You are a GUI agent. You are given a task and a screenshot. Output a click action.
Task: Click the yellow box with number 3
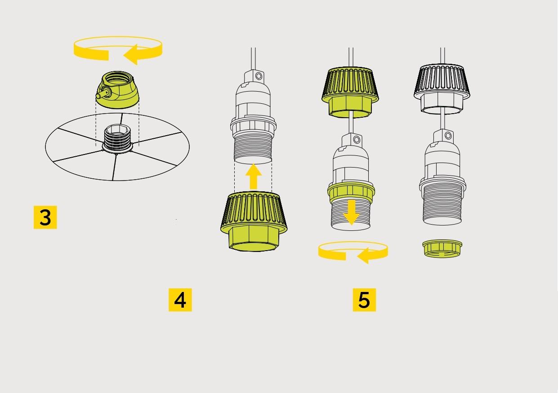45,217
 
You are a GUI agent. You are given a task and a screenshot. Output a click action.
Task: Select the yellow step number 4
180,300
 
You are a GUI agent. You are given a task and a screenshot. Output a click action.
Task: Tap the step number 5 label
364,300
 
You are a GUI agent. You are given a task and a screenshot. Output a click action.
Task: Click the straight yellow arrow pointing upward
253,177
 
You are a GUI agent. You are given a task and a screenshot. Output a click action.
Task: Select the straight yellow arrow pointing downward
351,212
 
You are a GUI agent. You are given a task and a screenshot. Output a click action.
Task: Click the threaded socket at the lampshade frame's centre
117,138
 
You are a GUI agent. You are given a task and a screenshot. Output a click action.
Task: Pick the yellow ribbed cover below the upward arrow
254,221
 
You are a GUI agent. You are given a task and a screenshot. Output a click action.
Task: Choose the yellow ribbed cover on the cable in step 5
350,92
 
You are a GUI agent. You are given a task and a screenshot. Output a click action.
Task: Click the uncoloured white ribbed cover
442,89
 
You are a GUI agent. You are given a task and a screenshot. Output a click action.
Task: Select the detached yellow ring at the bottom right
442,248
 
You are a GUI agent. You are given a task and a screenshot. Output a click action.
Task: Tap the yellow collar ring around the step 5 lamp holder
351,192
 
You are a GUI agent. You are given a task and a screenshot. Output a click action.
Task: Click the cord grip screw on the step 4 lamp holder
259,75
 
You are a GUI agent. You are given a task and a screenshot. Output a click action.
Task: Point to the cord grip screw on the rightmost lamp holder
448,136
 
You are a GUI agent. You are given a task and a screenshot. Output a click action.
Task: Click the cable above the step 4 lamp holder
253,59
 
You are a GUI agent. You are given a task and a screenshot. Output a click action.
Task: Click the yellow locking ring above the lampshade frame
117,90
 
